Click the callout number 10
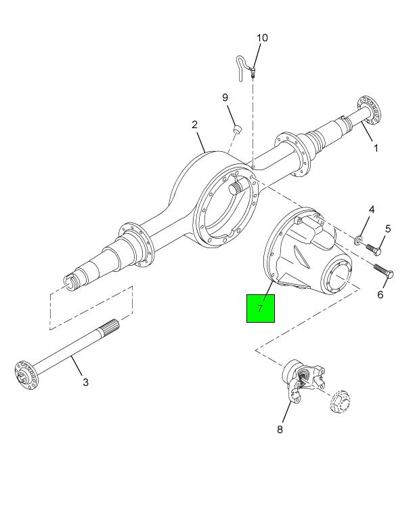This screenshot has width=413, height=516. point(262,38)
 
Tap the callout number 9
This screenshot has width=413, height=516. point(225,98)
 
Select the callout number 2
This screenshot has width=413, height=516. point(195,124)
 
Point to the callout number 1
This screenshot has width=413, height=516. point(376,148)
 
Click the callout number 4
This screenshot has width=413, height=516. point(372,210)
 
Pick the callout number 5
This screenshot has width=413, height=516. point(388,229)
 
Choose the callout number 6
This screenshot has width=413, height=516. point(380,294)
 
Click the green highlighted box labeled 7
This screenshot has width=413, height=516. point(261,309)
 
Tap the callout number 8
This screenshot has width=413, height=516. point(280,429)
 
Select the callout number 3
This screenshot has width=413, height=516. point(85,382)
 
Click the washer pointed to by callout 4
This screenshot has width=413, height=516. point(357,240)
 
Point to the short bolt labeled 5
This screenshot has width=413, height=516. point(374,249)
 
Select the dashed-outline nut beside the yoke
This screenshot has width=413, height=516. point(340,401)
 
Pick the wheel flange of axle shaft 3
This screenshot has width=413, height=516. point(26,375)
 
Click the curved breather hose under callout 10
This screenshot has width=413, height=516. point(243,67)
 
